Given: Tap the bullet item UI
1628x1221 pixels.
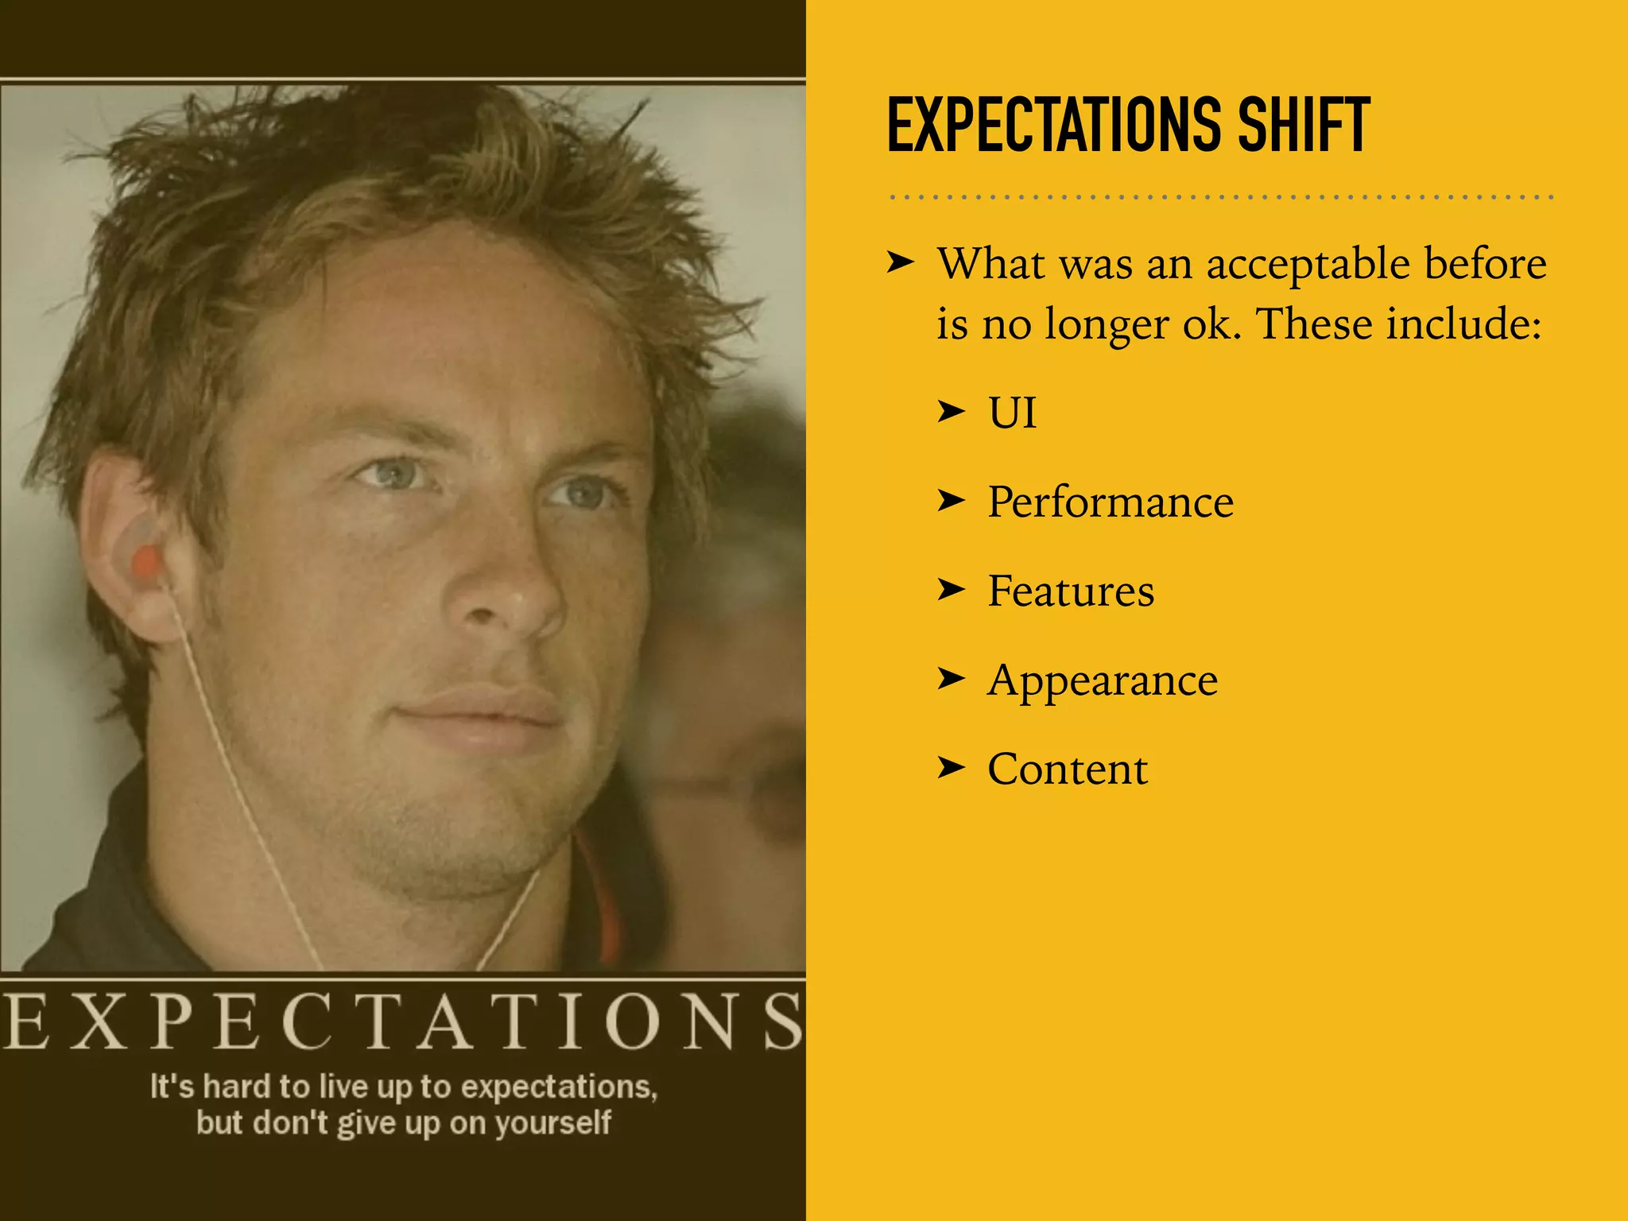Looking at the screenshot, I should coord(1012,413).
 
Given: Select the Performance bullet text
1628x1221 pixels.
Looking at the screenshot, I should coord(1111,502).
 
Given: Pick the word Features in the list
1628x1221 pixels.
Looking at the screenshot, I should coord(1070,591).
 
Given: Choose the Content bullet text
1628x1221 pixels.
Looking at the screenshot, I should coord(1068,769).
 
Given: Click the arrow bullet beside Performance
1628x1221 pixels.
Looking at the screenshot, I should coord(951,501).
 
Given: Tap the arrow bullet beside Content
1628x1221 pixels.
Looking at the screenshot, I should coord(951,768).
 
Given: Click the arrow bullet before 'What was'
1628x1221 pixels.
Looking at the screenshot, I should coord(901,262).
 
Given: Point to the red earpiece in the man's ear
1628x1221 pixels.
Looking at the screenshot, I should coord(146,564).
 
